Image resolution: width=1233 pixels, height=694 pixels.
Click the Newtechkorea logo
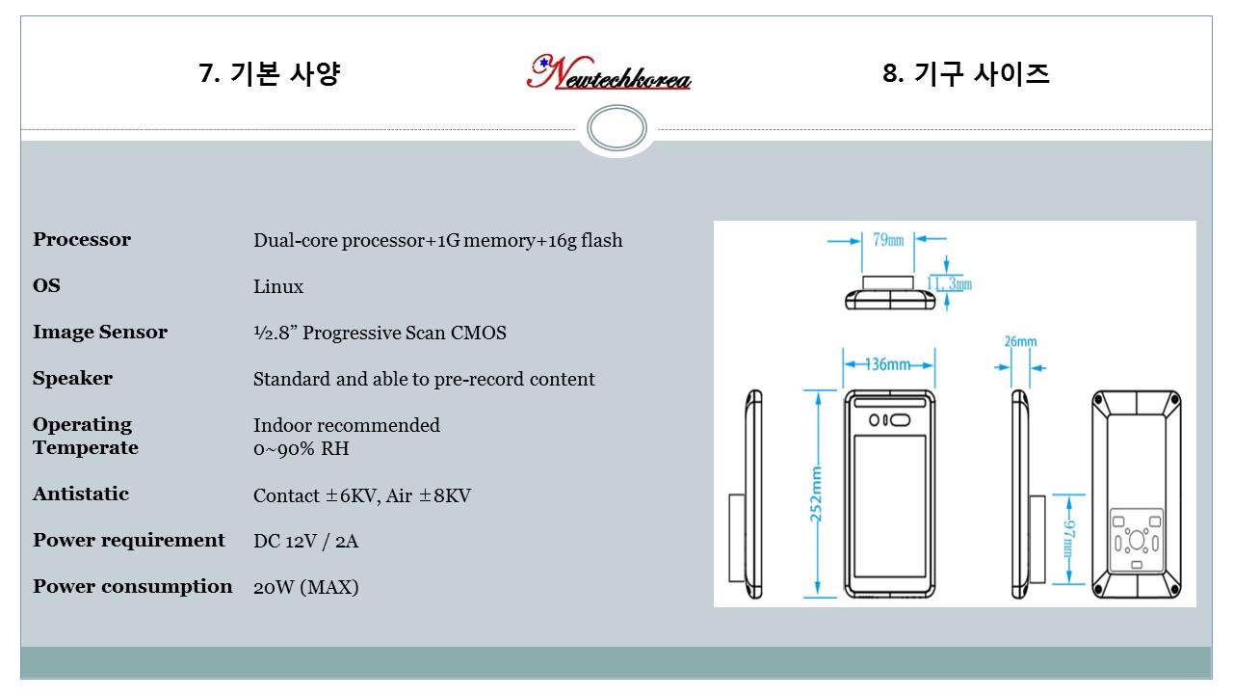[x=609, y=72]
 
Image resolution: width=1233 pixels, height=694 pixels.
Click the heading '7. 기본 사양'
[x=270, y=73]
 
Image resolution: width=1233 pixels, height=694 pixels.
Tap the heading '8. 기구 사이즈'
[x=966, y=73]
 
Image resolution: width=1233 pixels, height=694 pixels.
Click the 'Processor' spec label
[x=82, y=240]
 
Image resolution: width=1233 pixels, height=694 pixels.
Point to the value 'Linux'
[x=278, y=286]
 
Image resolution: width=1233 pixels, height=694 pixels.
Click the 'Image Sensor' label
[x=100, y=333]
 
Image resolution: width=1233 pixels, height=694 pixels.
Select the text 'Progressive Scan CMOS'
[x=405, y=333]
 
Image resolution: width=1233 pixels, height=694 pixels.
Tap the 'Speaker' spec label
[x=72, y=379]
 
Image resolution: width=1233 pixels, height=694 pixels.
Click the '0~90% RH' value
[x=302, y=449]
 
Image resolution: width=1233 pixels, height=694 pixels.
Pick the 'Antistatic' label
[x=81, y=494]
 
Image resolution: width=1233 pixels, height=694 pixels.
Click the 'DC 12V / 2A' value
[x=306, y=541]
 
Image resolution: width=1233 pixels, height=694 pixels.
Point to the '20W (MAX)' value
[x=306, y=587]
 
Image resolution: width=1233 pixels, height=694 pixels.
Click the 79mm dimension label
[x=888, y=240]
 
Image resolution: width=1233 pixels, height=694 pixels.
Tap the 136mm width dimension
[x=887, y=364]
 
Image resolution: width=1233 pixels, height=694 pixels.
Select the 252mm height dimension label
[x=816, y=494]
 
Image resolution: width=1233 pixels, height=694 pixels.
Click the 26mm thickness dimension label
[x=1020, y=341]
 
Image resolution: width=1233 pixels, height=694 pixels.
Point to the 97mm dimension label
[x=1068, y=539]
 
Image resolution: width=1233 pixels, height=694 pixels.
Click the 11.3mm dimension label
[x=950, y=284]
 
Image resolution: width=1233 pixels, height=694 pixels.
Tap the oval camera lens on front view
[x=900, y=420]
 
